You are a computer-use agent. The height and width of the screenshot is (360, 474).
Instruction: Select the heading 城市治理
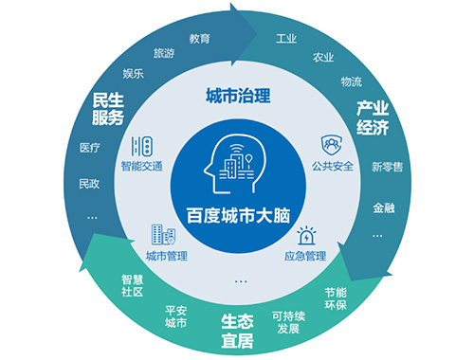click(x=238, y=96)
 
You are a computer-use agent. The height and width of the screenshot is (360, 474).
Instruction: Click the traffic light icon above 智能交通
click(x=142, y=147)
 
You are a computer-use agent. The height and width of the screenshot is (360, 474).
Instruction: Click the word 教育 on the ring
click(x=199, y=39)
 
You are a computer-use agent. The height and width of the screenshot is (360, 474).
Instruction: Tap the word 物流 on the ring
click(x=351, y=81)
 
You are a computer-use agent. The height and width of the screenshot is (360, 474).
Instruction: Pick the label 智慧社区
click(x=132, y=286)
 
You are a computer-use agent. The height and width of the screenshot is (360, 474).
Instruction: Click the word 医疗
click(x=89, y=148)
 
